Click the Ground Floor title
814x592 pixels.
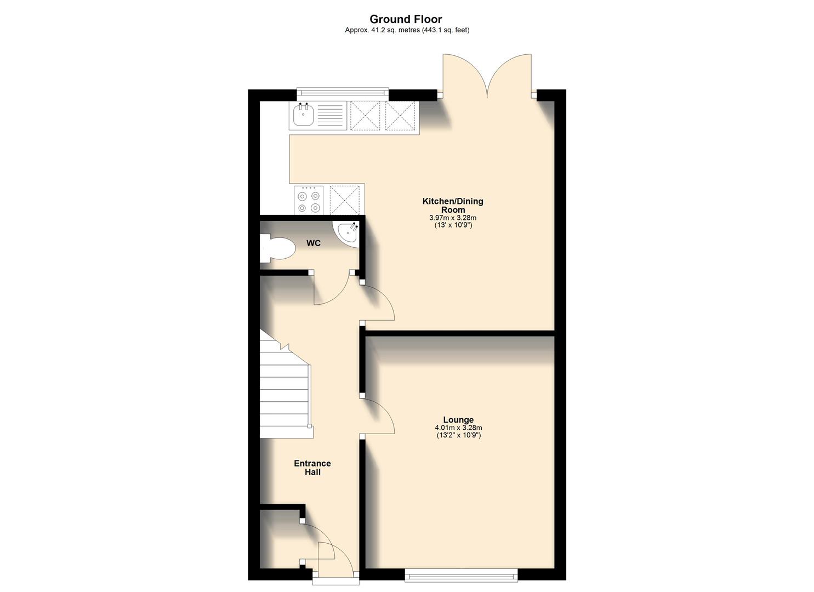pos(406,20)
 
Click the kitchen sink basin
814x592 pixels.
pos(303,116)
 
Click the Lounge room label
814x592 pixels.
pos(458,420)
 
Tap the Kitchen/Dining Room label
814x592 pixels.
pos(453,205)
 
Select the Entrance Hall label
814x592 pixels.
pos(312,468)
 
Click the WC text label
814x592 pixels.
pos(314,243)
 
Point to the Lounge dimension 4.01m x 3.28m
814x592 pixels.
pos(458,428)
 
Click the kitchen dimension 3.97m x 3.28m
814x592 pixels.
pos(453,218)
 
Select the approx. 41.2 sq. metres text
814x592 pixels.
pos(407,31)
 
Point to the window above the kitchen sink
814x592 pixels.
pos(343,94)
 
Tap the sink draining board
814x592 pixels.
pos(330,116)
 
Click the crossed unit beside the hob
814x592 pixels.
pos(345,200)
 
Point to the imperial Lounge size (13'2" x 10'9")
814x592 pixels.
pos(458,435)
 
